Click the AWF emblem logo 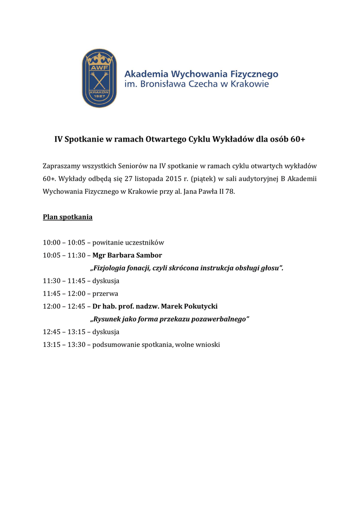coord(99,78)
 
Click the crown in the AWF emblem coord(99,61)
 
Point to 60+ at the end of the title coord(296,140)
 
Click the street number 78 coord(229,191)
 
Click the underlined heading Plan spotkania coord(68,217)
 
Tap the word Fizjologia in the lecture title coord(109,268)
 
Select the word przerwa coord(105,294)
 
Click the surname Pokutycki coord(199,307)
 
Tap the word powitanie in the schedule coord(109,243)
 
